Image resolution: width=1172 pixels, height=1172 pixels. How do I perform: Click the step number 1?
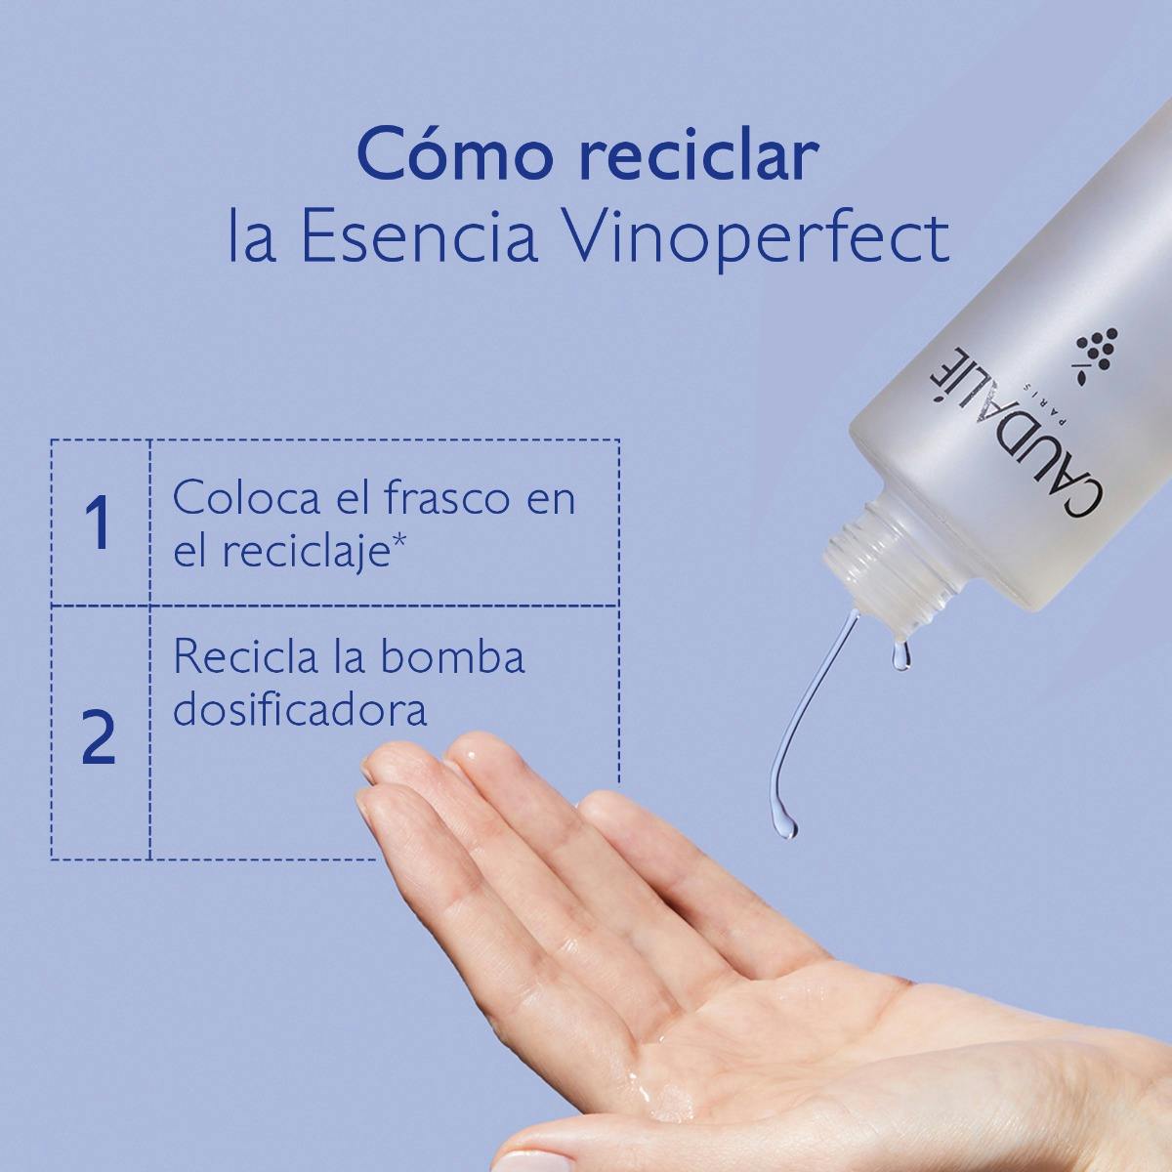coord(98,523)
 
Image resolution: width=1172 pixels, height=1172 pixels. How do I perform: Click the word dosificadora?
coord(300,709)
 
